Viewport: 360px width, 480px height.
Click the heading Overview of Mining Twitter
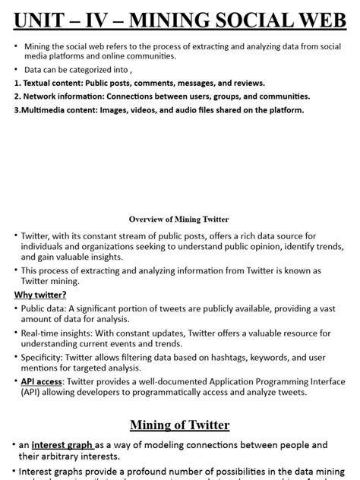178,219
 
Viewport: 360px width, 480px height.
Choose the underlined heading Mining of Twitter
179,425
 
